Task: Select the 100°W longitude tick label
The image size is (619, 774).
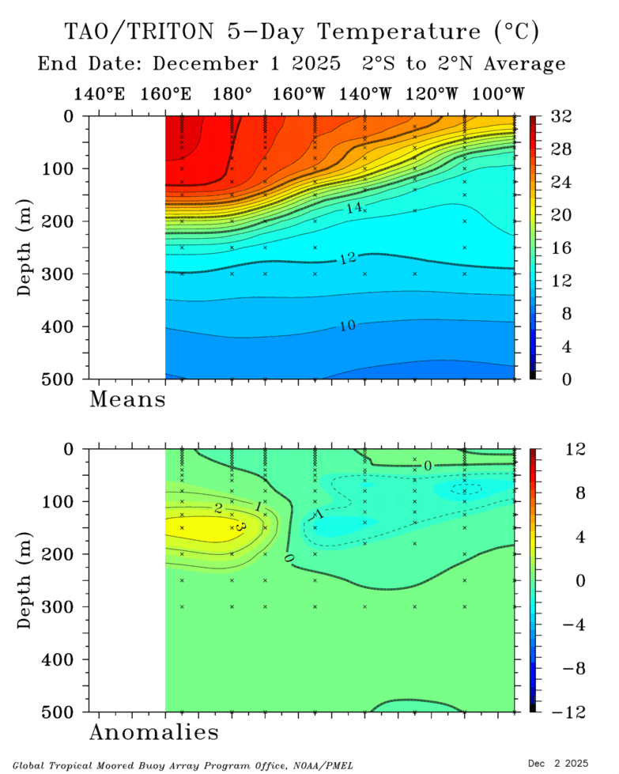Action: [499, 94]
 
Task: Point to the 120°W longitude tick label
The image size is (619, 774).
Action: [432, 94]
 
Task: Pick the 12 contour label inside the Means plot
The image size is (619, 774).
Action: [348, 259]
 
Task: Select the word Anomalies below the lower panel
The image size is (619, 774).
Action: [154, 732]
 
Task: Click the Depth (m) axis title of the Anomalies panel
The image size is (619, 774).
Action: [26, 580]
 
